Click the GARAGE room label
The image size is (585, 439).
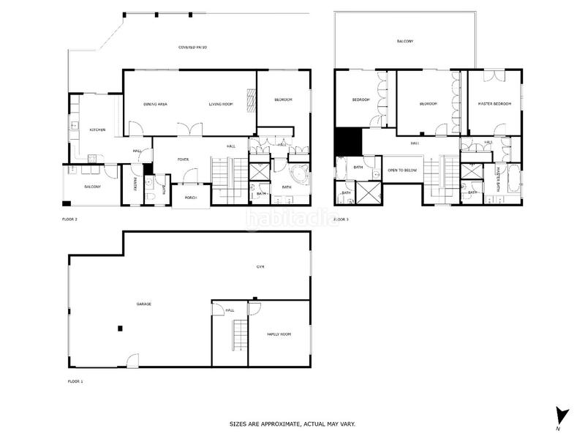pos(143,304)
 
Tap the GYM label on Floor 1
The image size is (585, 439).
pos(260,267)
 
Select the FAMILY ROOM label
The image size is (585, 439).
pos(279,334)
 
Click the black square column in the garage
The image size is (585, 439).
pos(121,329)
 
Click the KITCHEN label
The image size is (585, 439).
pos(97,130)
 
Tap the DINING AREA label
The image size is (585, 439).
pos(156,105)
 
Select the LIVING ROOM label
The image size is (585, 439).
pos(221,105)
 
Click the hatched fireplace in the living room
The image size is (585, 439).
pos(251,100)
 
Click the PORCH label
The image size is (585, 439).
pos(190,198)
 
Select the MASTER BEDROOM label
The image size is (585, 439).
pos(494,104)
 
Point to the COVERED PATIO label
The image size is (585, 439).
pos(193,48)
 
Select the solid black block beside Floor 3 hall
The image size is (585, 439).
pos(347,141)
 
